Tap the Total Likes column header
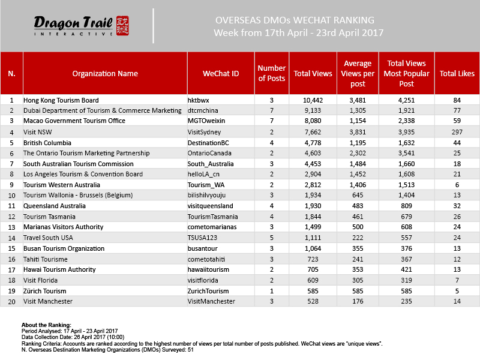pyautogui.click(x=457, y=74)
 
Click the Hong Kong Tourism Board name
pyautogui.click(x=61, y=100)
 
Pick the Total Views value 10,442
pyautogui.click(x=313, y=100)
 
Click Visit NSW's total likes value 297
pyautogui.click(x=457, y=131)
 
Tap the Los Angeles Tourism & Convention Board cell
pyautogui.click(x=82, y=174)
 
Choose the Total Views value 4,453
pyautogui.click(x=313, y=164)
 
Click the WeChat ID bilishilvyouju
pyautogui.click(x=211, y=195)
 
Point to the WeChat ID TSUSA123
pyautogui.click(x=203, y=237)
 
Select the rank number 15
pyautogui.click(x=11, y=248)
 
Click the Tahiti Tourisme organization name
pyautogui.click(x=45, y=258)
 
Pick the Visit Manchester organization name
pyautogui.click(x=47, y=301)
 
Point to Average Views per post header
pyautogui.click(x=358, y=74)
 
